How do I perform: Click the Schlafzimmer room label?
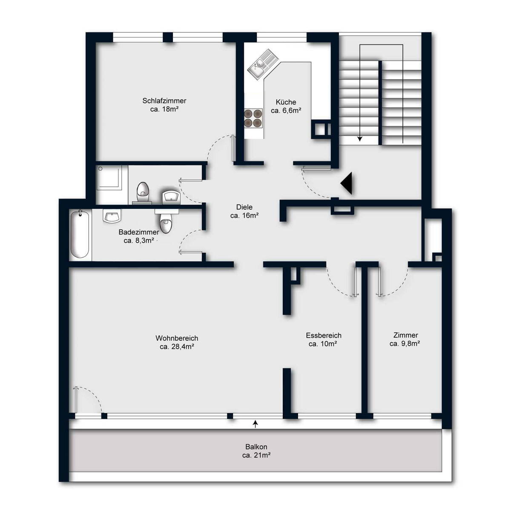coord(164,101)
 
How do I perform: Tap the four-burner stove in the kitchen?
coord(253,118)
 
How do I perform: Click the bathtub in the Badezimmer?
coord(80,234)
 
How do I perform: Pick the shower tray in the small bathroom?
coord(109,177)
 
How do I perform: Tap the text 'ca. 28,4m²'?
coord(177,346)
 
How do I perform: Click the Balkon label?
coord(256,447)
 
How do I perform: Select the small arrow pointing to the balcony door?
coord(255,424)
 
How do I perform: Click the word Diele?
coord(244,207)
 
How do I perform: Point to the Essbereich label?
coord(324,336)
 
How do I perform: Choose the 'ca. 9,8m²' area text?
coord(405,343)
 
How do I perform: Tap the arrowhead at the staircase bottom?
coord(360,139)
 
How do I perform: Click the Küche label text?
coord(286,102)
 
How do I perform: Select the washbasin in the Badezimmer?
coord(112,216)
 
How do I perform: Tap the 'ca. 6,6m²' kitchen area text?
coord(286,111)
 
